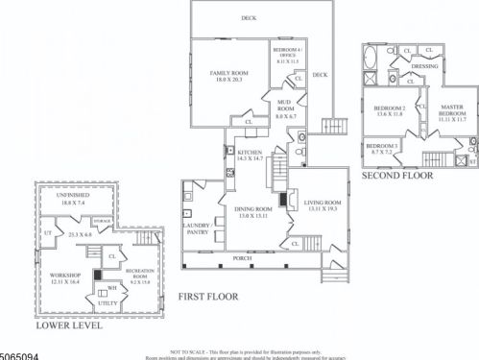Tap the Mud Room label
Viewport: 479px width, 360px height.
[x=286, y=101]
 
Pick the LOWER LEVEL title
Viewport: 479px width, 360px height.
[x=68, y=325]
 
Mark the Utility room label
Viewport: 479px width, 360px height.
[x=108, y=302]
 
